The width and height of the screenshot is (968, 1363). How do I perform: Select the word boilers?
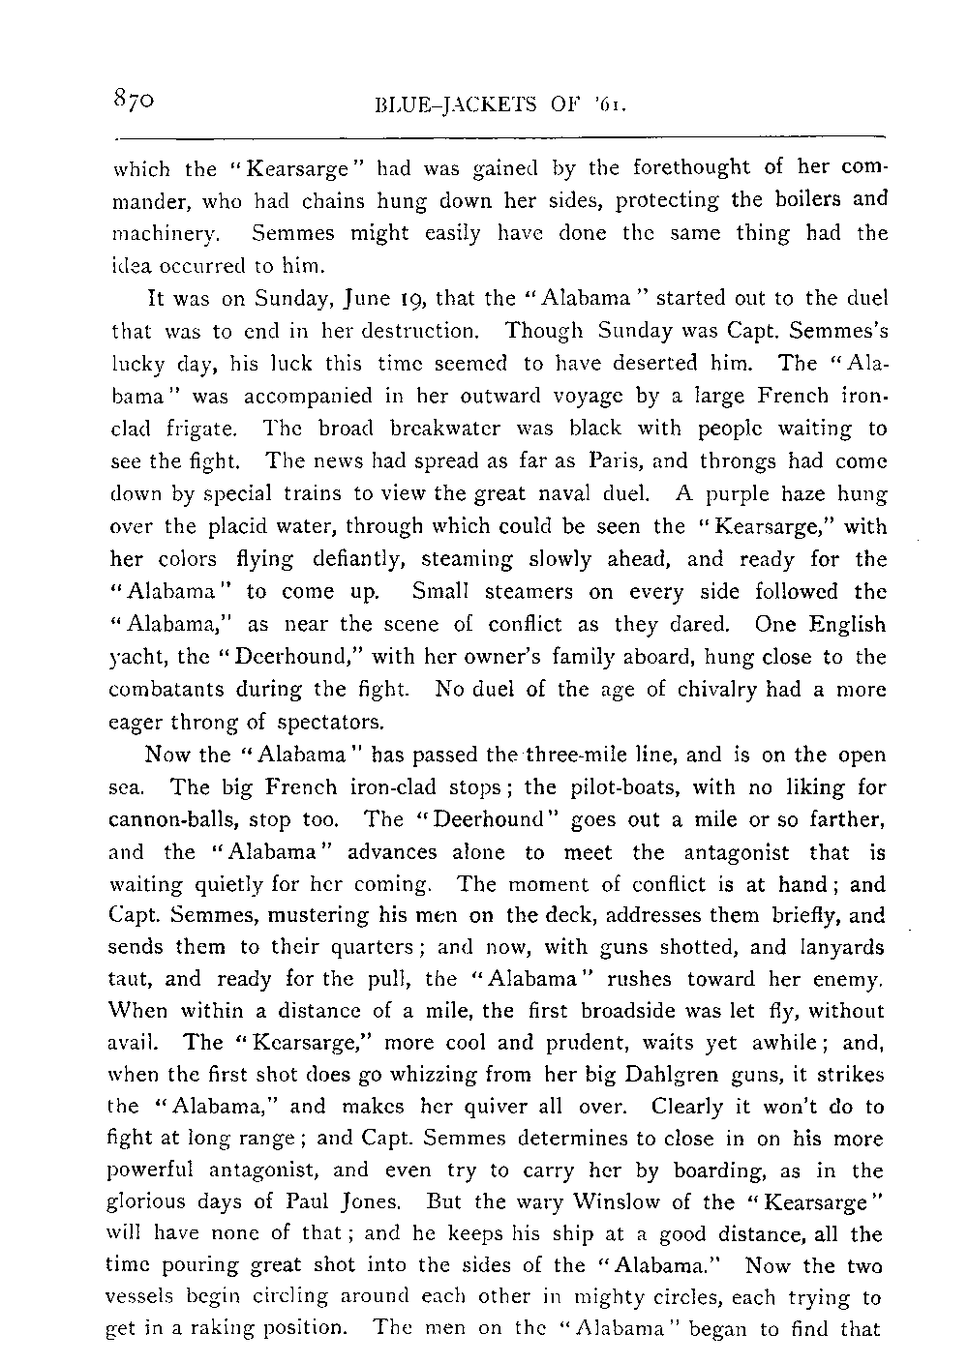[x=803, y=201]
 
